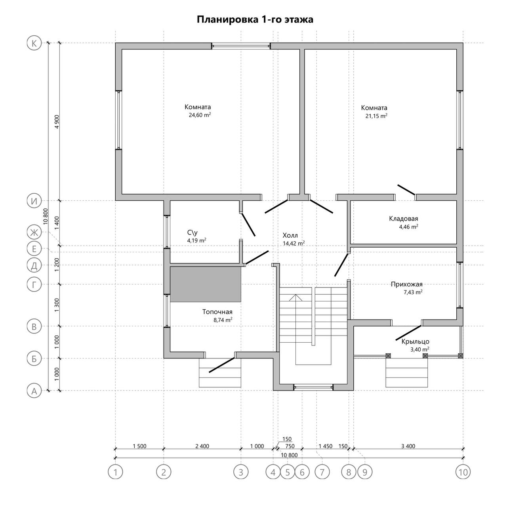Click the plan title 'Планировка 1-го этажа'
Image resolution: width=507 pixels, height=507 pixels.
pos(255,20)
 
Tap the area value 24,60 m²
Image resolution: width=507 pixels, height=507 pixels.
pos(200,115)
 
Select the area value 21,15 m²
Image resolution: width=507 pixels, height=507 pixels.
pos(376,116)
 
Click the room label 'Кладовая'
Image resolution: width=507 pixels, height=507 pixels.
pos(403,218)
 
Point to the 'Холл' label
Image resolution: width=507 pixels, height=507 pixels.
pos(290,235)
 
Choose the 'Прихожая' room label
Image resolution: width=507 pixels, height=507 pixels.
pos(406,284)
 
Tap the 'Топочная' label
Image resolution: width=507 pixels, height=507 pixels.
pos(217,312)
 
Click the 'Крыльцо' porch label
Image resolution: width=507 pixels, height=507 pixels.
pos(415,341)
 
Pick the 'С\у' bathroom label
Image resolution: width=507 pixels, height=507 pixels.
pos(193,233)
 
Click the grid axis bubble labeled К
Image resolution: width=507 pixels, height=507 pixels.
pos(34,43)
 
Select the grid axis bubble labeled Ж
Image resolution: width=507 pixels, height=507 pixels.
pos(34,233)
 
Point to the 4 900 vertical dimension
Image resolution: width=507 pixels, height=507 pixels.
pos(57,122)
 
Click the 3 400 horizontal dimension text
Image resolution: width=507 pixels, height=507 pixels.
pos(408,446)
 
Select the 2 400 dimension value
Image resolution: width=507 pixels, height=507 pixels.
pos(202,446)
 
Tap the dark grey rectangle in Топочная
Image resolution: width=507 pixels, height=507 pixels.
pos(206,284)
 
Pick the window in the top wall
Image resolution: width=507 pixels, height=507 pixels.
pos(241,46)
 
